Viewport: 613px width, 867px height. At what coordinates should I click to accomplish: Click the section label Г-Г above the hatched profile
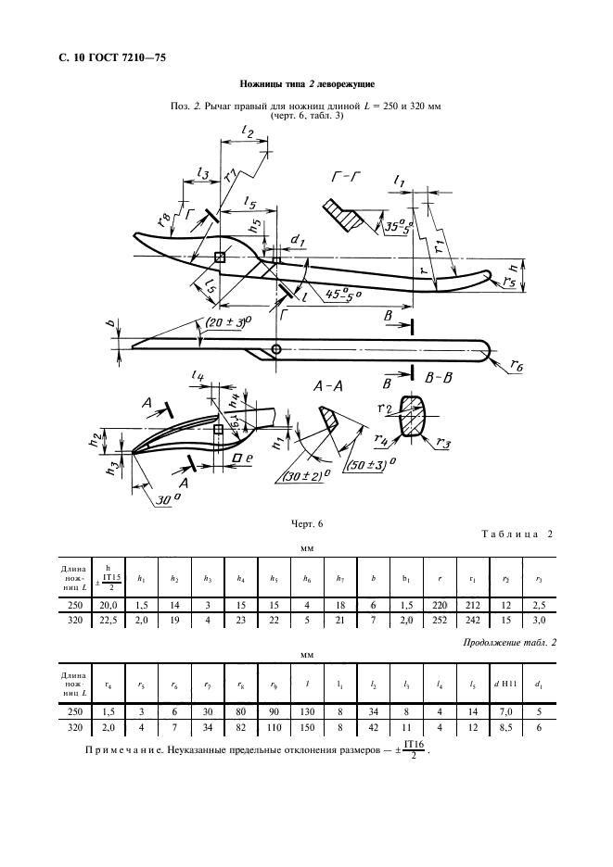[347, 175]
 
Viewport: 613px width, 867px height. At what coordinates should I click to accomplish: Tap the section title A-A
[331, 387]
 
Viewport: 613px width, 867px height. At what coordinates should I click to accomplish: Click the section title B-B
[441, 379]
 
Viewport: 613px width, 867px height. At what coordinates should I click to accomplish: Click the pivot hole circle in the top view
[276, 349]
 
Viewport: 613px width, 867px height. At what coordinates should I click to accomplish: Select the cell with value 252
[440, 621]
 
